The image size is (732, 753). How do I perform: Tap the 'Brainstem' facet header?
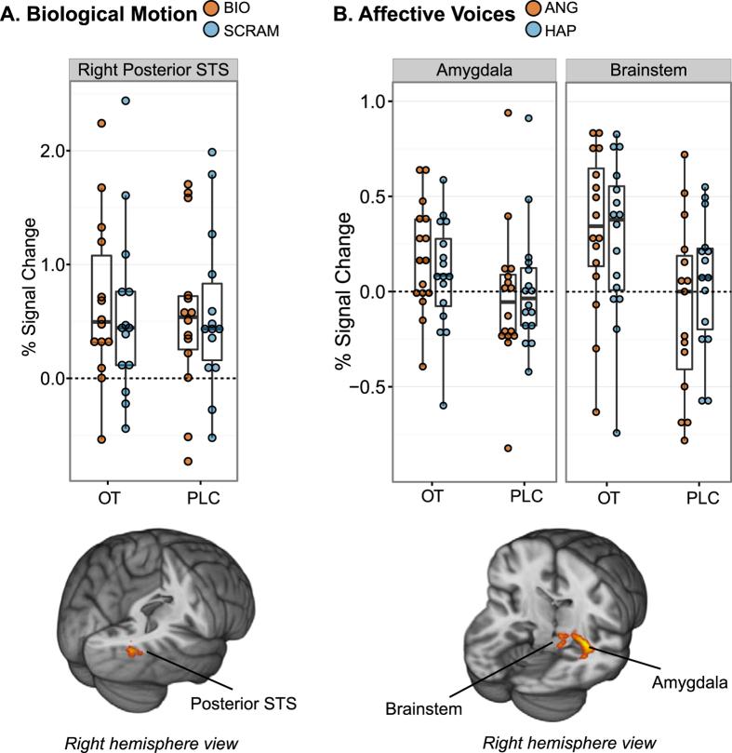647,72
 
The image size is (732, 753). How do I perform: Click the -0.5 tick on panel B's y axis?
364,387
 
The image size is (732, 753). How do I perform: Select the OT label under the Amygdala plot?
433,498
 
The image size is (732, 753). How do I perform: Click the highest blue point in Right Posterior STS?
126,101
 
